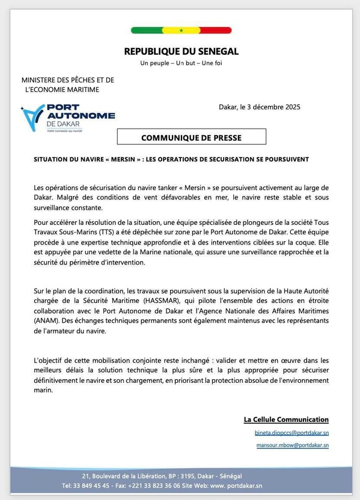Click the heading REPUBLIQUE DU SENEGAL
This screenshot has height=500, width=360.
click(x=181, y=52)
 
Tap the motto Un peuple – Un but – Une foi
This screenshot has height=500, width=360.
click(x=181, y=63)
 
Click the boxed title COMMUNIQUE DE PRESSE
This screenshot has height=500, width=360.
click(x=191, y=138)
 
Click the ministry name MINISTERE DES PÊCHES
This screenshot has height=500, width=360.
click(x=67, y=80)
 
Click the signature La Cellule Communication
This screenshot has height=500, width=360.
click(x=286, y=419)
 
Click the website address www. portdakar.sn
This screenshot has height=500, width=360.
click(x=238, y=485)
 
